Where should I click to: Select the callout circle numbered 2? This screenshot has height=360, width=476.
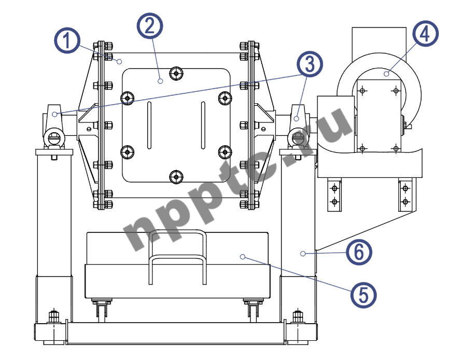point(150,24)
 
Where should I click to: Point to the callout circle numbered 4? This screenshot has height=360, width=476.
point(425,34)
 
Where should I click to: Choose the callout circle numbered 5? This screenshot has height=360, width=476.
point(363,294)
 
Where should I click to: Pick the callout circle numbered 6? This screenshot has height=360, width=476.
point(359,253)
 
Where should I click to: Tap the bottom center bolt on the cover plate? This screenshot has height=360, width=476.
point(177,177)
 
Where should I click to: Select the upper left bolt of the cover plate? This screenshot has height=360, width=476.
point(127,98)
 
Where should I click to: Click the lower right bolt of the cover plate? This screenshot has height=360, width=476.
point(225,151)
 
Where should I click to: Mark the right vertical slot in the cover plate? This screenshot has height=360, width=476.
point(203,125)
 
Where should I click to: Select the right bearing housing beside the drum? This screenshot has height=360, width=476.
point(297,124)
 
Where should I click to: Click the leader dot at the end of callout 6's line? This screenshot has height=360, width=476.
point(302,254)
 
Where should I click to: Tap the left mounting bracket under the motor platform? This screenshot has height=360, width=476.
point(334,195)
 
